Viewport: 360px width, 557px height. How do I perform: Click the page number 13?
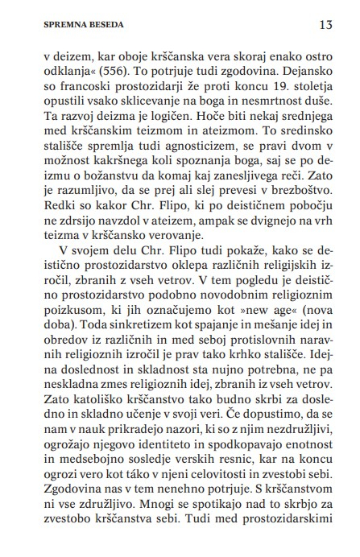click(325, 24)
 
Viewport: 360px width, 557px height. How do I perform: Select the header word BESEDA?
click(101, 25)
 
